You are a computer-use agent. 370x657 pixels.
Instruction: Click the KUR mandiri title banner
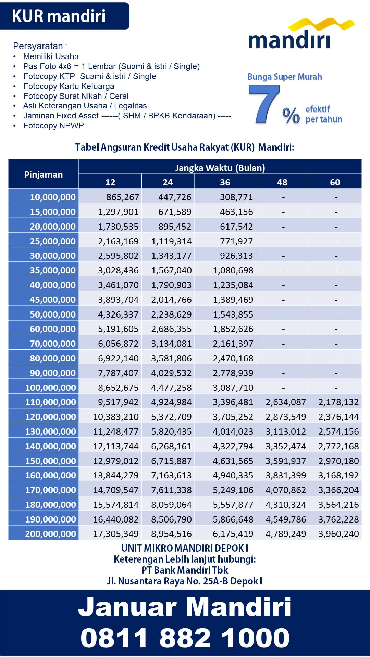click(x=64, y=16)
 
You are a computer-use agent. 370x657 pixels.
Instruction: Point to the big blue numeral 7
click(x=264, y=104)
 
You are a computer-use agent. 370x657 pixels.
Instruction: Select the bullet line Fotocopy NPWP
click(x=53, y=126)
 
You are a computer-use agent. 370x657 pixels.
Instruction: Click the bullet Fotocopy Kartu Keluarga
click(x=69, y=86)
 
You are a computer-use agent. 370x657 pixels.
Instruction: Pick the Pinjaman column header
click(x=44, y=174)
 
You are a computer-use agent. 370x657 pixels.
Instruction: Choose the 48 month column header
click(x=282, y=182)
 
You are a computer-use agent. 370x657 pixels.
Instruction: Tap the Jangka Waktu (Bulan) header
click(x=220, y=168)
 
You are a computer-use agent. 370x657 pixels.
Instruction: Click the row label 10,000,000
click(x=53, y=197)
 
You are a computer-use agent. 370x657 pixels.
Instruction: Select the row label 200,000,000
click(x=51, y=534)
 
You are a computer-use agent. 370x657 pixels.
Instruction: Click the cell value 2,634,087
click(x=286, y=402)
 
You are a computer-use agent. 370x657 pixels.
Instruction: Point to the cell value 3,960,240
click(x=338, y=534)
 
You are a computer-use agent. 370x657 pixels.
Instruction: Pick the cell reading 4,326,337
click(x=118, y=314)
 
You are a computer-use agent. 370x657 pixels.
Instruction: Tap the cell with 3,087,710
click(x=233, y=388)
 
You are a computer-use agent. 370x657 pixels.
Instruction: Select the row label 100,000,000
click(x=51, y=388)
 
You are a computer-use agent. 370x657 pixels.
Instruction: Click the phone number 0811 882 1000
click(x=185, y=638)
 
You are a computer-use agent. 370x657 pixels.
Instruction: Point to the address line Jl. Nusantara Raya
click(x=185, y=581)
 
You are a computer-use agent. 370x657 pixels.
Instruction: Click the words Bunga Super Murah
click(x=285, y=77)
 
